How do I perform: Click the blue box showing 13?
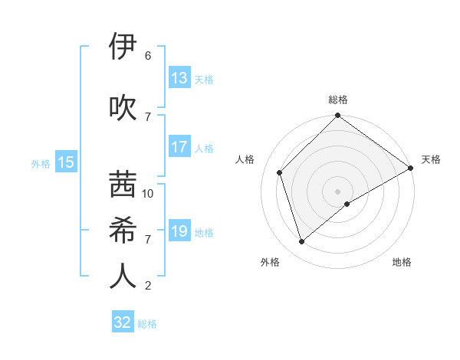tap(179, 78)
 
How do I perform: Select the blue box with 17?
tap(179, 147)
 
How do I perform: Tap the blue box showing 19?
tap(179, 231)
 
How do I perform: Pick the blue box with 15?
tap(65, 162)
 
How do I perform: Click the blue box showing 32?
tap(123, 322)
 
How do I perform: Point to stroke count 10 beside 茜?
tap(148, 194)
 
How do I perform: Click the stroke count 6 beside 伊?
tap(148, 56)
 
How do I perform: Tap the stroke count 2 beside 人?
tap(148, 286)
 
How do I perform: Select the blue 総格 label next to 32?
tap(148, 324)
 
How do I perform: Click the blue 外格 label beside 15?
tap(41, 163)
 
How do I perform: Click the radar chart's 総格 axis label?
tap(337, 100)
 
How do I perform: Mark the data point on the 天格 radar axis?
tap(410, 168)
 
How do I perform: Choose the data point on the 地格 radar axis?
tap(347, 204)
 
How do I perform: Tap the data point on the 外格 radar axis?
tap(302, 241)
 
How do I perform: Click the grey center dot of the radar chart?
tap(337, 191)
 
